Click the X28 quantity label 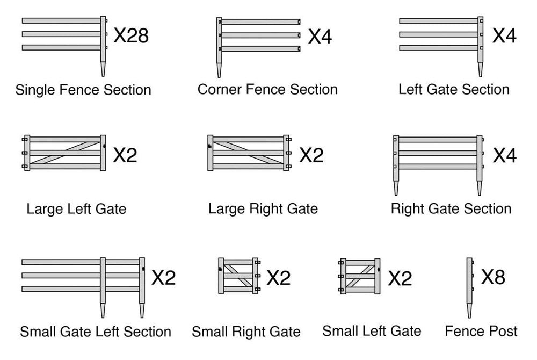pos(131,37)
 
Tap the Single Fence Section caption pos(83,90)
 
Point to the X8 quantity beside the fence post pos(493,277)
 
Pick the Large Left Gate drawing pos(64,153)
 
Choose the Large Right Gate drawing pos(248,153)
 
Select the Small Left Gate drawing pos(360,276)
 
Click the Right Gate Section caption pos(451,208)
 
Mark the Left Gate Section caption pos(454,89)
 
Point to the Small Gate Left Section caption pos(96,332)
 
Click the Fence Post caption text pos(481,331)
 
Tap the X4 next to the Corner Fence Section pos(320,37)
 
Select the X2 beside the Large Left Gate pos(125,155)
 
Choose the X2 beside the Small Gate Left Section pos(163,278)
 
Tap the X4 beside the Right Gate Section pos(504,155)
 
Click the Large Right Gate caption pos(263,208)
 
